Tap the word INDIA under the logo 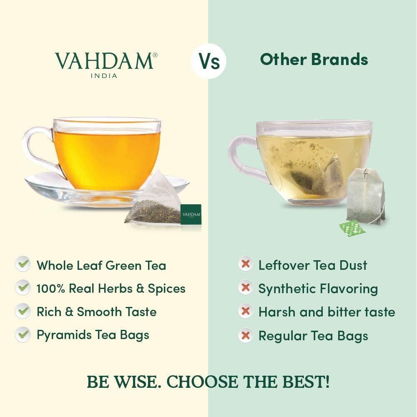(x=104, y=76)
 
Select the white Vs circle (x=208, y=61)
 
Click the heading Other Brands (x=314, y=59)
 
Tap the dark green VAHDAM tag (x=191, y=214)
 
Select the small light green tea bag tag (x=352, y=228)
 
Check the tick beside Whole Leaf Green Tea (x=23, y=264)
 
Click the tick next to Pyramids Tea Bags (x=23, y=334)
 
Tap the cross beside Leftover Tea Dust (x=245, y=264)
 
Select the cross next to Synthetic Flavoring (x=245, y=287)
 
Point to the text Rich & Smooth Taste (x=97, y=311)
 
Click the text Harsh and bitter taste (x=327, y=311)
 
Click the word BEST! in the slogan (x=306, y=382)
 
